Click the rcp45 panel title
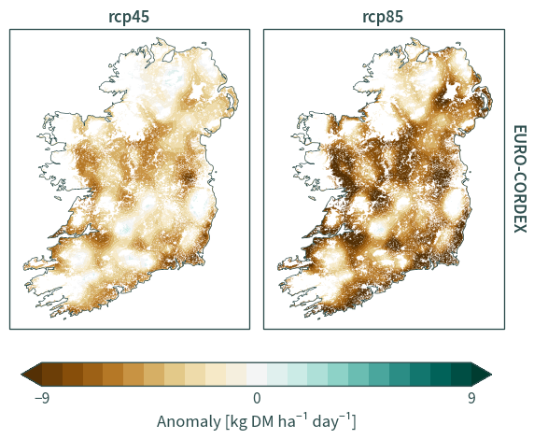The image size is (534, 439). point(129,17)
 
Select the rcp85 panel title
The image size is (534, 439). point(383,17)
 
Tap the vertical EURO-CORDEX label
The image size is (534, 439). point(520,179)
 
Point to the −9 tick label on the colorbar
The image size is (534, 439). point(42,398)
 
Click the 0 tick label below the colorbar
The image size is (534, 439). point(257,398)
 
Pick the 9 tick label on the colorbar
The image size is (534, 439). point(471,398)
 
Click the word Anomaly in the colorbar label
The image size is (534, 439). point(189,422)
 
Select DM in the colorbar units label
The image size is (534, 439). point(262,421)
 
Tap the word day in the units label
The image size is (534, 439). point(325,422)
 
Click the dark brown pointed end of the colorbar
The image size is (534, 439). point(32,375)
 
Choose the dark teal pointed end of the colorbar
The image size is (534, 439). point(482,375)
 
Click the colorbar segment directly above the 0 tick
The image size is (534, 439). point(257,375)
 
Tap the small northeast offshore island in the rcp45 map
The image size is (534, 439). point(204,43)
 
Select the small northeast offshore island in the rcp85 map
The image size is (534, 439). point(458,43)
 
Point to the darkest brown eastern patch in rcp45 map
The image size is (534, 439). point(189,177)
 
